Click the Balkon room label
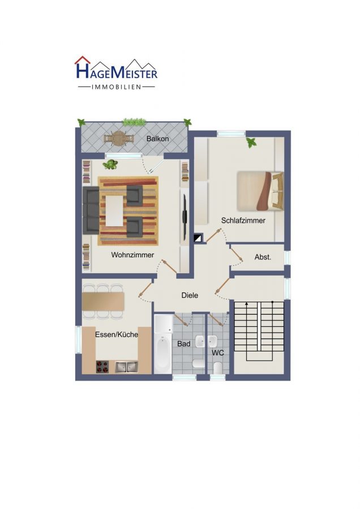tap(157, 139)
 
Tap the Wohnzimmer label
tap(132, 255)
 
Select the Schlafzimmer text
tap(243, 221)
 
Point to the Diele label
tap(190, 295)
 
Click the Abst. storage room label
tap(263, 257)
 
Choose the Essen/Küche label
tap(117, 334)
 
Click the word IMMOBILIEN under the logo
tap(116, 87)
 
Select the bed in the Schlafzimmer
tap(260, 191)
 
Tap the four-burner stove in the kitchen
tap(102, 366)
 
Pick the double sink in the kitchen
tap(126, 366)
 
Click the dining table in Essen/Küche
tap(103, 301)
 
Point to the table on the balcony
tap(119, 139)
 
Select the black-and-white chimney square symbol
tap(198, 238)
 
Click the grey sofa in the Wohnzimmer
tap(91, 210)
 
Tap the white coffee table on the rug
tap(114, 211)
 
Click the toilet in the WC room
tap(218, 368)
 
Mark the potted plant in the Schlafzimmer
tap(251, 142)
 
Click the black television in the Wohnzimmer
tap(185, 212)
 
